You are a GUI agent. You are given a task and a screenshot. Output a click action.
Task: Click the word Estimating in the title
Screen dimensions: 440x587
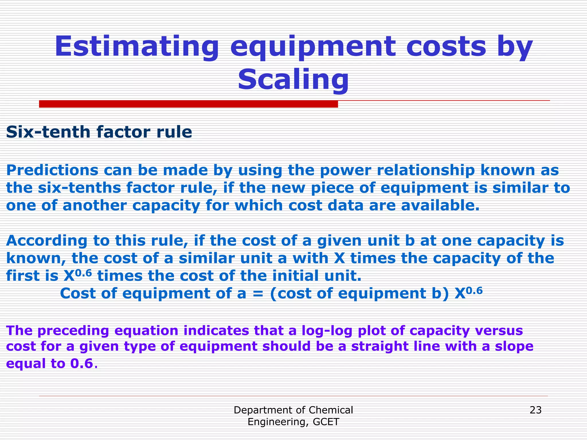pos(137,47)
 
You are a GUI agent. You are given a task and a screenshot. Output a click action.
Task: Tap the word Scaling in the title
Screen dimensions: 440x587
pos(293,79)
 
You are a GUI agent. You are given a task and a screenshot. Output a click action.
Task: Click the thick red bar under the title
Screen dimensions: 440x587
pos(188,104)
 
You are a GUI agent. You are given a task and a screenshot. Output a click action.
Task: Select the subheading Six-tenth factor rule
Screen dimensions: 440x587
pos(99,132)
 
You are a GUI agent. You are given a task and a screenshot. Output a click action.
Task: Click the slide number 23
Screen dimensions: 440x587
pos(535,410)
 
